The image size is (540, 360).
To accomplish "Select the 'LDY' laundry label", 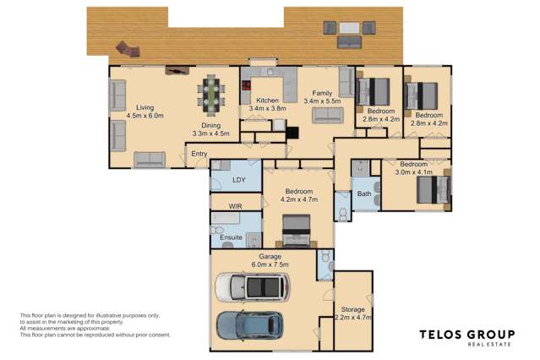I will pyautogui.click(x=239, y=180).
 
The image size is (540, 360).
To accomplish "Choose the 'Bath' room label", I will pyautogui.click(x=363, y=194).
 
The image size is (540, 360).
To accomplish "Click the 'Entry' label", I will pyautogui.click(x=199, y=154).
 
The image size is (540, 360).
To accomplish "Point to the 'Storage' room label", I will pyautogui.click(x=352, y=309).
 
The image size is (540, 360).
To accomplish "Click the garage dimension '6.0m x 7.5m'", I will pyautogui.click(x=271, y=265).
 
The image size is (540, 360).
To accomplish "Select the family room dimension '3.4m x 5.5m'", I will pyautogui.click(x=321, y=101).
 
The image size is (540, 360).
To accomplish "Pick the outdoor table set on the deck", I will pyautogui.click(x=349, y=35).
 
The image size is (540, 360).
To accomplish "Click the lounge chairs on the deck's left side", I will pyautogui.click(x=128, y=50).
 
